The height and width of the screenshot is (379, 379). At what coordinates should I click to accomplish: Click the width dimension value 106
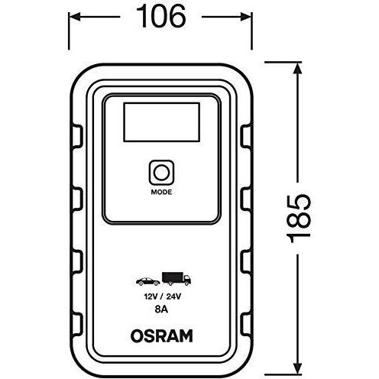(161, 17)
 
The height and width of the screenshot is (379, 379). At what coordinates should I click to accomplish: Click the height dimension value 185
(299, 219)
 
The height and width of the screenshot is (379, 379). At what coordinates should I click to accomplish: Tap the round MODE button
(161, 173)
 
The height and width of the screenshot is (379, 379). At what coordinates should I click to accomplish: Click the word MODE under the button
(161, 193)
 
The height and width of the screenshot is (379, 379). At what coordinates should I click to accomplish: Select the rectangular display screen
(161, 122)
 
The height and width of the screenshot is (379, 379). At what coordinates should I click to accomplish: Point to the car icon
(147, 281)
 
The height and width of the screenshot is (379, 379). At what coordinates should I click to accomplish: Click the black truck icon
(177, 278)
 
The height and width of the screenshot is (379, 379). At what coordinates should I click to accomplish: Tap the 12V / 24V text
(163, 296)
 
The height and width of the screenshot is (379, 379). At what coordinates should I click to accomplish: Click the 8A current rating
(161, 309)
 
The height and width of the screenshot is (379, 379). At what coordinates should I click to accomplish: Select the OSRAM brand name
(161, 335)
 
